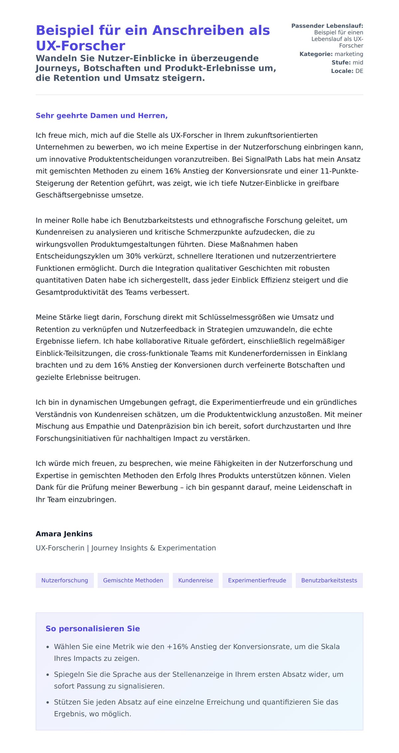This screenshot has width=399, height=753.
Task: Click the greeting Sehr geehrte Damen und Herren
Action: pyautogui.click(x=101, y=116)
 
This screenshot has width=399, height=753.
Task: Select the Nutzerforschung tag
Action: pyautogui.click(x=65, y=580)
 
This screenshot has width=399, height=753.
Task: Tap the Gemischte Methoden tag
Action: pyautogui.click(x=133, y=580)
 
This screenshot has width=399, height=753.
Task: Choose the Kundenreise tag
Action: pyautogui.click(x=196, y=580)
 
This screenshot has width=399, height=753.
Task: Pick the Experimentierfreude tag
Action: pyautogui.click(x=257, y=580)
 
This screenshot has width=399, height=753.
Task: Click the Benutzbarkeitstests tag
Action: pyautogui.click(x=329, y=580)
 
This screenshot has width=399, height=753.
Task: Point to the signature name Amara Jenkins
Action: pyautogui.click(x=64, y=534)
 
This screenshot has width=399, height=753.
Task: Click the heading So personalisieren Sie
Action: pyautogui.click(x=92, y=628)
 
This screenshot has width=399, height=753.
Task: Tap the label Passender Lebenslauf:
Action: pyautogui.click(x=327, y=26)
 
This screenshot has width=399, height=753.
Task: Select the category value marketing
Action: pyautogui.click(x=349, y=54)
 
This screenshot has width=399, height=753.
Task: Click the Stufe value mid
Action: pyautogui.click(x=358, y=62)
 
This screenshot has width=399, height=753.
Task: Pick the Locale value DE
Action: pyautogui.click(x=359, y=71)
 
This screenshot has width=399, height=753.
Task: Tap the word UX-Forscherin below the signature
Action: pyautogui.click(x=60, y=548)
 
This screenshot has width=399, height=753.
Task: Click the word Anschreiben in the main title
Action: pyautogui.click(x=197, y=30)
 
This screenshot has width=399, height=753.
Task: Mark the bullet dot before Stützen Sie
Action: pyautogui.click(x=48, y=702)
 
